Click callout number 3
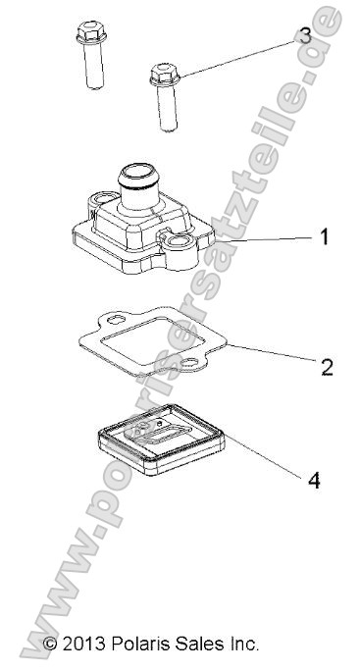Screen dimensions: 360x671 305,36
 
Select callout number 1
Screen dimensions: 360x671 325,236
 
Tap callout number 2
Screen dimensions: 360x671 327,367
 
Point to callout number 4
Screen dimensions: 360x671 314,480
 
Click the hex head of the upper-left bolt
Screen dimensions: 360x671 91,32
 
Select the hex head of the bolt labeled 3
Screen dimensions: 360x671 165,74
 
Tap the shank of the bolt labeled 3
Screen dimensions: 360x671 167,107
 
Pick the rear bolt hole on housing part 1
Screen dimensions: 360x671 104,198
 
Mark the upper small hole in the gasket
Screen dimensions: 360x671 116,319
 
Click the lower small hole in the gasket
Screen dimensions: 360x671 188,363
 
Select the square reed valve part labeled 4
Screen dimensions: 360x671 161,439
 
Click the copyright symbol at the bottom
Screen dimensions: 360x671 50,644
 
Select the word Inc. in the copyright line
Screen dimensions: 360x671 242,644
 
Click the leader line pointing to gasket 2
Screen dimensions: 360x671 273,353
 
